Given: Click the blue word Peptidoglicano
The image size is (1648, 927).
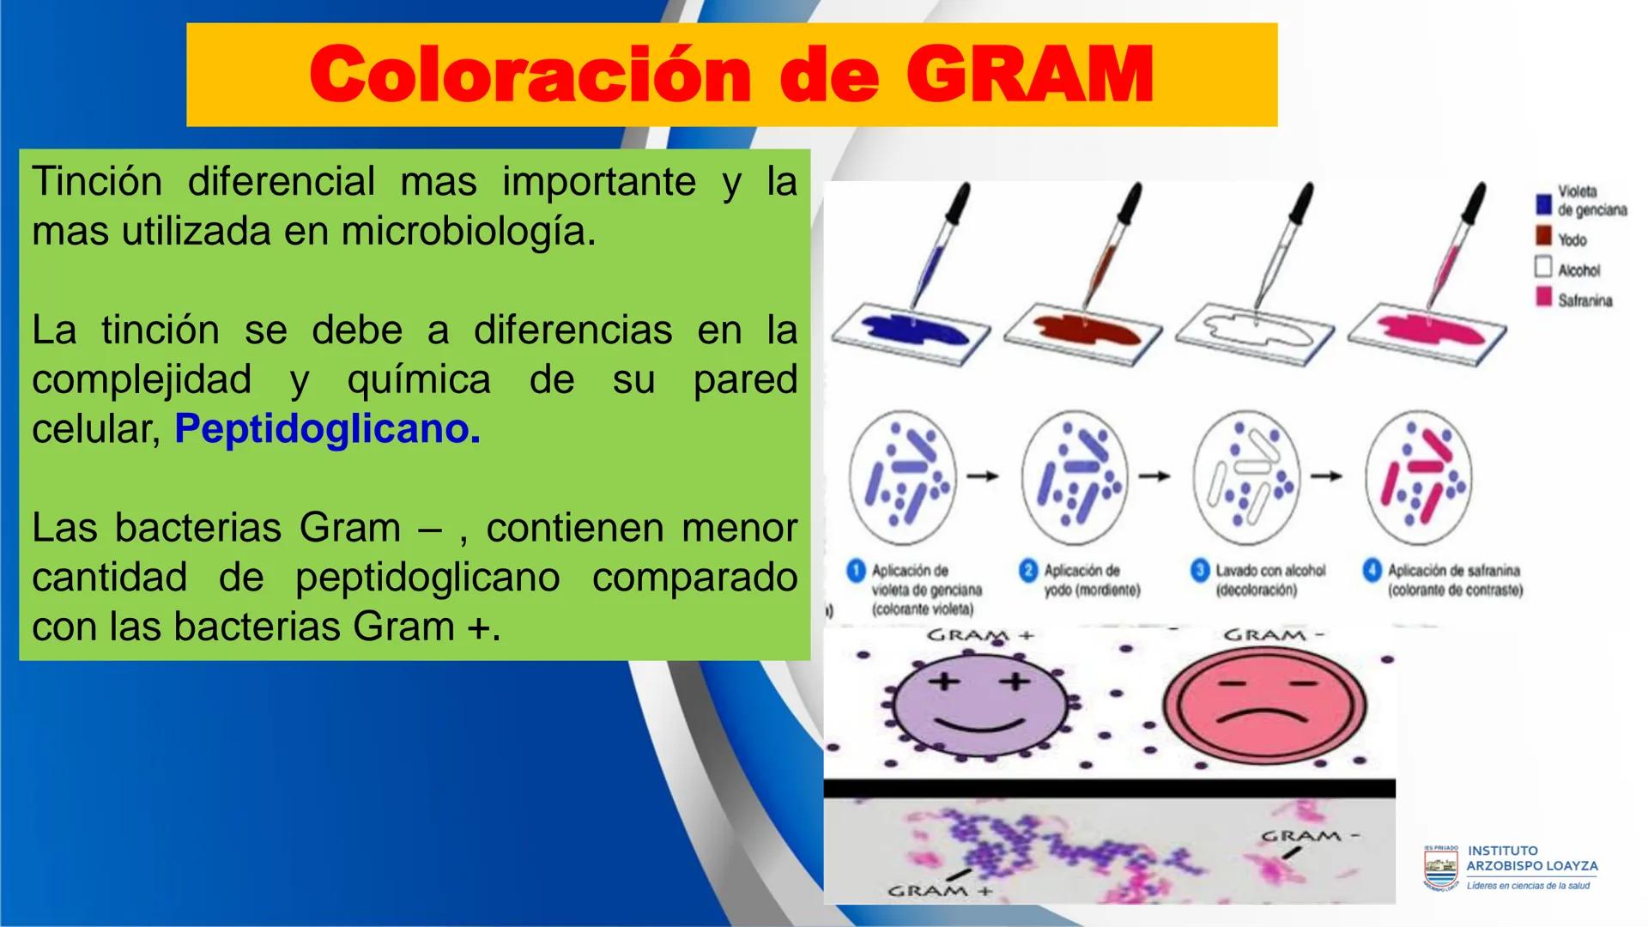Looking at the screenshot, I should point(327,428).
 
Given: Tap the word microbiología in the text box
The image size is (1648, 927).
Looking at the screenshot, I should point(468,232).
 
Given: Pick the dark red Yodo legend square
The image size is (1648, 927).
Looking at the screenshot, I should point(1542,238).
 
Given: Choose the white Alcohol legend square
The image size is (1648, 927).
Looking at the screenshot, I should point(1542,268).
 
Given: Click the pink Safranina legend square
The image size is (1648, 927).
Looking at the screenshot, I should point(1542,299).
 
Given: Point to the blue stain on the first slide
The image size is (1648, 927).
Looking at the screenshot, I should point(911,329).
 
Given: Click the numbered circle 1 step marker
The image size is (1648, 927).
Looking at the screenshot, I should point(856,571).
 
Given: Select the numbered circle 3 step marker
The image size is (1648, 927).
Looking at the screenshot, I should point(1200,571).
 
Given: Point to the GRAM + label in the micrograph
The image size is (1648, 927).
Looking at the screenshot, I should point(938,891).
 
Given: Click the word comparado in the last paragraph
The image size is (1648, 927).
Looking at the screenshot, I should point(694,577).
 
